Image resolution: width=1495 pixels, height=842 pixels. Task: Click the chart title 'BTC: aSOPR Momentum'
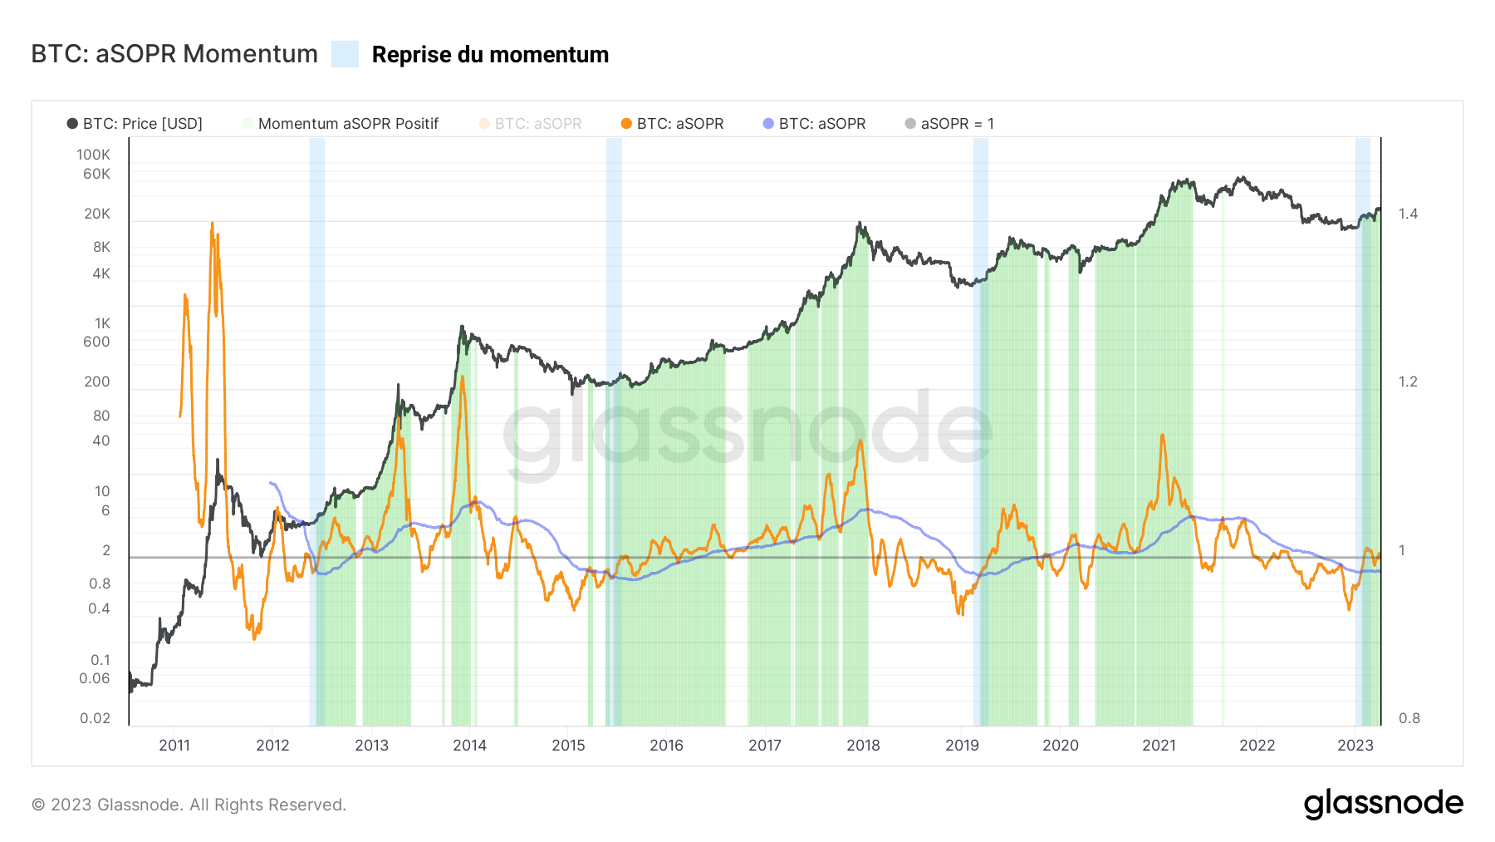coord(174,54)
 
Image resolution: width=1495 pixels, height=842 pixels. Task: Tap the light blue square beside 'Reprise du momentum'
coord(345,54)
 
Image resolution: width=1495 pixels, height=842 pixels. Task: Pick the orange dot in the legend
coord(626,124)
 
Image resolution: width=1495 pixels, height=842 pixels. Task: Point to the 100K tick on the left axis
coord(93,155)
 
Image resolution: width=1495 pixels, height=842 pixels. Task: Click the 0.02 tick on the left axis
coord(95,718)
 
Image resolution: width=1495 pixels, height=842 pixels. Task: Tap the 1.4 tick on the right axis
coord(1408,214)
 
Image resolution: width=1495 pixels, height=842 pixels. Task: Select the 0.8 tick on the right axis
coord(1409,718)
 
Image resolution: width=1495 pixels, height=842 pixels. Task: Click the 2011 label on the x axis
coord(174,746)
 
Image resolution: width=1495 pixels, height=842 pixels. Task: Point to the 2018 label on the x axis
coord(863,746)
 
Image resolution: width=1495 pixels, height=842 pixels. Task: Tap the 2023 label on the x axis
coord(1355,746)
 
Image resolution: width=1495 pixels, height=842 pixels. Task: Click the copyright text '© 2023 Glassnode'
coord(189,805)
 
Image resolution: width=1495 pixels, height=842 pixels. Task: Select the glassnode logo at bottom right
coord(1383,804)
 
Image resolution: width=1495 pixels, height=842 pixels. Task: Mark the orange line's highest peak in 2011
coord(213,223)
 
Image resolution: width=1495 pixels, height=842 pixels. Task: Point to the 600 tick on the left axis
coord(96,342)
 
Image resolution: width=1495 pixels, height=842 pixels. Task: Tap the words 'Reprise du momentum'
coord(490,55)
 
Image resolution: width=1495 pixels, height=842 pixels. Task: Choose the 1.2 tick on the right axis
coord(1408,382)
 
